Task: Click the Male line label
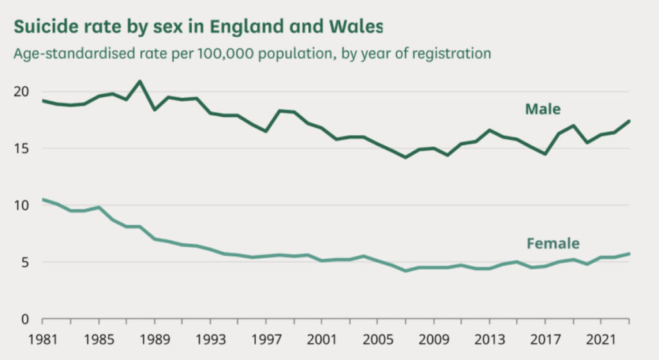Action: pyautogui.click(x=543, y=109)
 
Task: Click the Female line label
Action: pyautogui.click(x=553, y=243)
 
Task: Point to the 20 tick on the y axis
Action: pyautogui.click(x=21, y=91)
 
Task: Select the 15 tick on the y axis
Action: pyautogui.click(x=21, y=149)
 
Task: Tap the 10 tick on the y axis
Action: pyautogui.click(x=21, y=205)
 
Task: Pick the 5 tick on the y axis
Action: pyautogui.click(x=24, y=262)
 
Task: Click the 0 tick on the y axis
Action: pyautogui.click(x=24, y=319)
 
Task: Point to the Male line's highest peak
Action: pyautogui.click(x=140, y=81)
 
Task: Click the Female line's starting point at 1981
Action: pyautogui.click(x=42, y=200)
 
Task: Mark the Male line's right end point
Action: pyautogui.click(x=629, y=121)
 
